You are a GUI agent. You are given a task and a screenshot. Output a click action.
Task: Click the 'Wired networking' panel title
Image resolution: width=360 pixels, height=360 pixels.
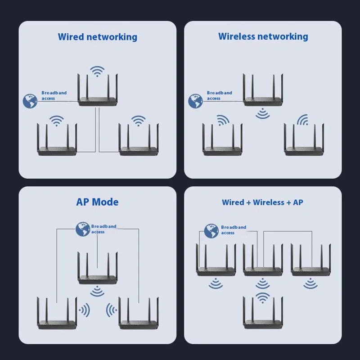(x=97, y=37)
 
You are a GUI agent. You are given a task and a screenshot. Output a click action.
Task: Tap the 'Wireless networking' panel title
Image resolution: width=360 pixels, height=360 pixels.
(x=263, y=36)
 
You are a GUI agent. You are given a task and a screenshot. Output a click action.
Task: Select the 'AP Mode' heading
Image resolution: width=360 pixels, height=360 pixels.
(x=97, y=202)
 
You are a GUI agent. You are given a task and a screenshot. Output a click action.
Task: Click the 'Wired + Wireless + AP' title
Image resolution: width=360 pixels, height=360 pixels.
(x=262, y=202)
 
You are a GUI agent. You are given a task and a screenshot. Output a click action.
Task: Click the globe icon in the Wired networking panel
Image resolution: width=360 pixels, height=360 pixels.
(x=30, y=101)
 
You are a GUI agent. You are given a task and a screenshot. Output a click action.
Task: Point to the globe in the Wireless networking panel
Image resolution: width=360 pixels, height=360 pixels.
(x=195, y=101)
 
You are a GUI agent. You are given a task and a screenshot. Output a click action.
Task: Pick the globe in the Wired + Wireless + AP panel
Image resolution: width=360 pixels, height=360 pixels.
(x=211, y=231)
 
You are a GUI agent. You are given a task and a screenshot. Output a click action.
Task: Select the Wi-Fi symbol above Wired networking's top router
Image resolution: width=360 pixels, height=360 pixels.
(x=97, y=71)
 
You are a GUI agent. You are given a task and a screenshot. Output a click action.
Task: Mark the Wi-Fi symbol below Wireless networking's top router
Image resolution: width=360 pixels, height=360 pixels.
(x=263, y=114)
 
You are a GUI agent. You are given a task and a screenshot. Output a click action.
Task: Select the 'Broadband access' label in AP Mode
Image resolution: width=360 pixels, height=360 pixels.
(x=103, y=229)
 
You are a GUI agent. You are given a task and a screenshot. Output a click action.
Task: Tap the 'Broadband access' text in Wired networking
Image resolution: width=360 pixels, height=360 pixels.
(x=54, y=95)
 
